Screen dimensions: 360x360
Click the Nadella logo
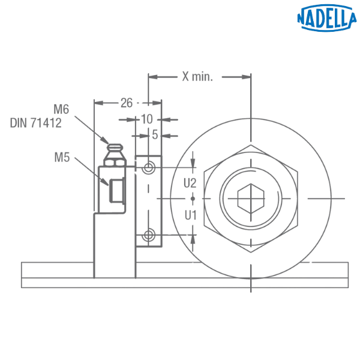point(327,17)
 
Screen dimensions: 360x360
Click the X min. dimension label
point(197,76)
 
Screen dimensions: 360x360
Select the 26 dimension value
point(127,103)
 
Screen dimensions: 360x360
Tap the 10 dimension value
point(146,119)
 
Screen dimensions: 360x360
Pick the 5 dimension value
point(155,134)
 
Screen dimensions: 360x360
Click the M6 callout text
point(61,109)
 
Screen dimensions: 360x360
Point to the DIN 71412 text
point(36,123)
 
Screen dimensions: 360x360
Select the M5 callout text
point(62,157)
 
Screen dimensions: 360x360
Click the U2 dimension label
point(190,183)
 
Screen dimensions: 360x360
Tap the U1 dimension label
point(191,215)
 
